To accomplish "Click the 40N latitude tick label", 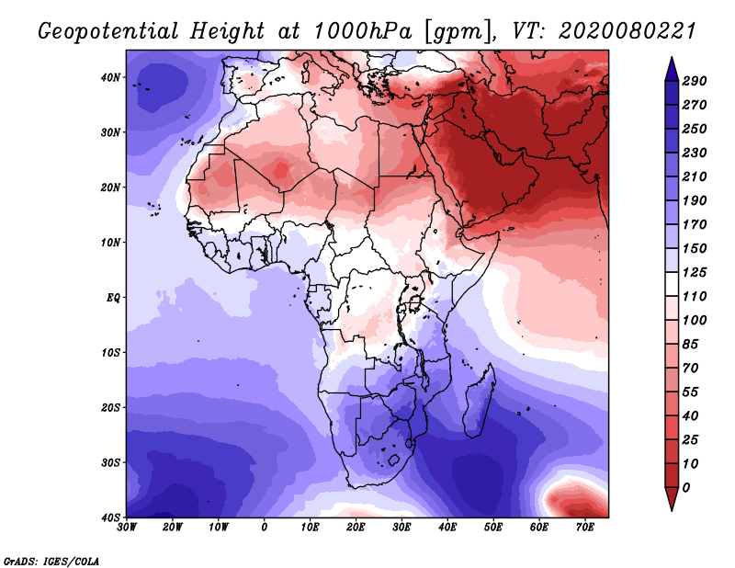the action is (x=110, y=77).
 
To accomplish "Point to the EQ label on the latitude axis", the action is (x=113, y=298).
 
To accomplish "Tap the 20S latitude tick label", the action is (x=110, y=407).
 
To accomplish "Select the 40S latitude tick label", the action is (x=110, y=517).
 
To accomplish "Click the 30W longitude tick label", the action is (x=127, y=528).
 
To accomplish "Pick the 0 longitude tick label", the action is (x=265, y=528).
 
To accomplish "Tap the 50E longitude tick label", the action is (x=493, y=528).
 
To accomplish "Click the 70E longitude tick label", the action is (x=584, y=528).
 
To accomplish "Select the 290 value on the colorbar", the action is (x=695, y=81).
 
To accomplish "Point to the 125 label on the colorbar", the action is (x=695, y=272).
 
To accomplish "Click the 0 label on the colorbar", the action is (x=686, y=488).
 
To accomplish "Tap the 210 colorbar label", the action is (x=695, y=176).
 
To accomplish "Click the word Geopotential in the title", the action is (x=108, y=32).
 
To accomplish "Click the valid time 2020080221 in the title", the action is (x=627, y=31).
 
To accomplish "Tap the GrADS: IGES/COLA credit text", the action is (x=51, y=562).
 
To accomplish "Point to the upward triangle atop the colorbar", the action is (x=672, y=69).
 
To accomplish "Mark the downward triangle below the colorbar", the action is (x=672, y=499).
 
